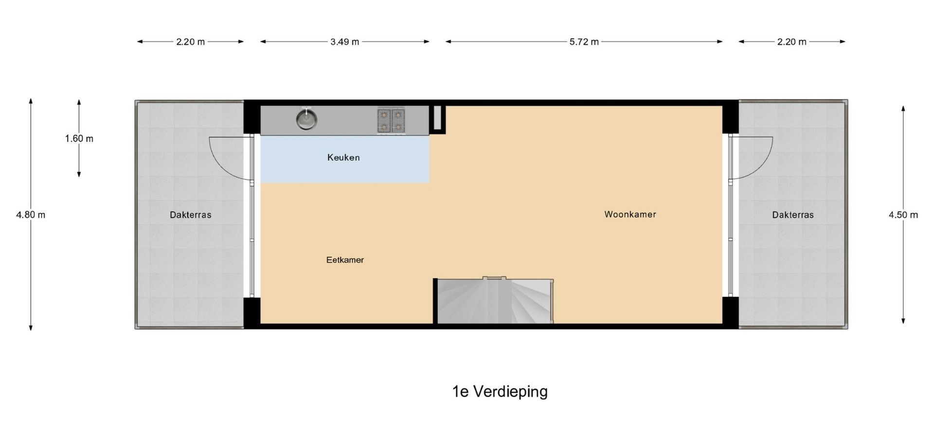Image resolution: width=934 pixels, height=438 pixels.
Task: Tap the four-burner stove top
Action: tap(391, 121)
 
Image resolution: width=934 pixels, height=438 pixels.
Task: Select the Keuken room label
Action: tap(343, 158)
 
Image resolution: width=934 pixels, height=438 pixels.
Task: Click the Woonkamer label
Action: tap(630, 214)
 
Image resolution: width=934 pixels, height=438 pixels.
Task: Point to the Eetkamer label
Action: tap(345, 260)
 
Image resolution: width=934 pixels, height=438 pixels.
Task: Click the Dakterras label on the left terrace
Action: tap(190, 215)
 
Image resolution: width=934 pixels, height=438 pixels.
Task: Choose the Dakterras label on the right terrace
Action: tap(792, 215)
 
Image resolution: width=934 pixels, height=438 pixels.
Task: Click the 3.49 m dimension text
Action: tap(344, 42)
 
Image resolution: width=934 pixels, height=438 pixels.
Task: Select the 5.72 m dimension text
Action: tap(584, 42)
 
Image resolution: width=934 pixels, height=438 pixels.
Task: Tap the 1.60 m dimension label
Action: tap(79, 139)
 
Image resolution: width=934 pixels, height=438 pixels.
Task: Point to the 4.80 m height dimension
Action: tap(31, 215)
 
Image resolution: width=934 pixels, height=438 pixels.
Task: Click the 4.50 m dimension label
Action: tap(903, 215)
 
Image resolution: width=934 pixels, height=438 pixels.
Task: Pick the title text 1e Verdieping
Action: tap(500, 391)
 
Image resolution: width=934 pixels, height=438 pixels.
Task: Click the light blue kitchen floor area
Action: tap(345, 159)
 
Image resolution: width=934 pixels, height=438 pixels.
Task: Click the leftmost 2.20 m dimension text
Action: tap(190, 42)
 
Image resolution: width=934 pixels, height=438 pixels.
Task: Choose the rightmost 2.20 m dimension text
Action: tap(791, 42)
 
